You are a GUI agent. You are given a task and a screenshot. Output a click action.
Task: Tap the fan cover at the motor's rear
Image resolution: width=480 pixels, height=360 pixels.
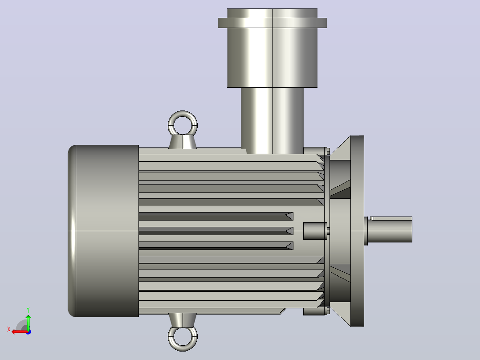click(x=103, y=231)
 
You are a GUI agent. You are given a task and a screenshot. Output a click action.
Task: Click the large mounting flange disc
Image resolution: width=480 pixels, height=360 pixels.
click(x=357, y=231)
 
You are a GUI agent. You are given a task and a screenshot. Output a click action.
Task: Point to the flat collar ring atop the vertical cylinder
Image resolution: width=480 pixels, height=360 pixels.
click(x=273, y=23)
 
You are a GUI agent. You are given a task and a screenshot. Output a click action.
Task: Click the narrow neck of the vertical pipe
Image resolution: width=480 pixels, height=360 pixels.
click(x=273, y=120)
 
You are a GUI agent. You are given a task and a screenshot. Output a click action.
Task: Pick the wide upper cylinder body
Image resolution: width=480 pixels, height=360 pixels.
click(x=273, y=57)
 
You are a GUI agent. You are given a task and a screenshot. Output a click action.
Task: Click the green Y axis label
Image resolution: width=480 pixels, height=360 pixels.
click(x=28, y=310)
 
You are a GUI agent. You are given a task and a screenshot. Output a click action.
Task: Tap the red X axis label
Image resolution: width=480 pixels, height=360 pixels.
click(x=9, y=330)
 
